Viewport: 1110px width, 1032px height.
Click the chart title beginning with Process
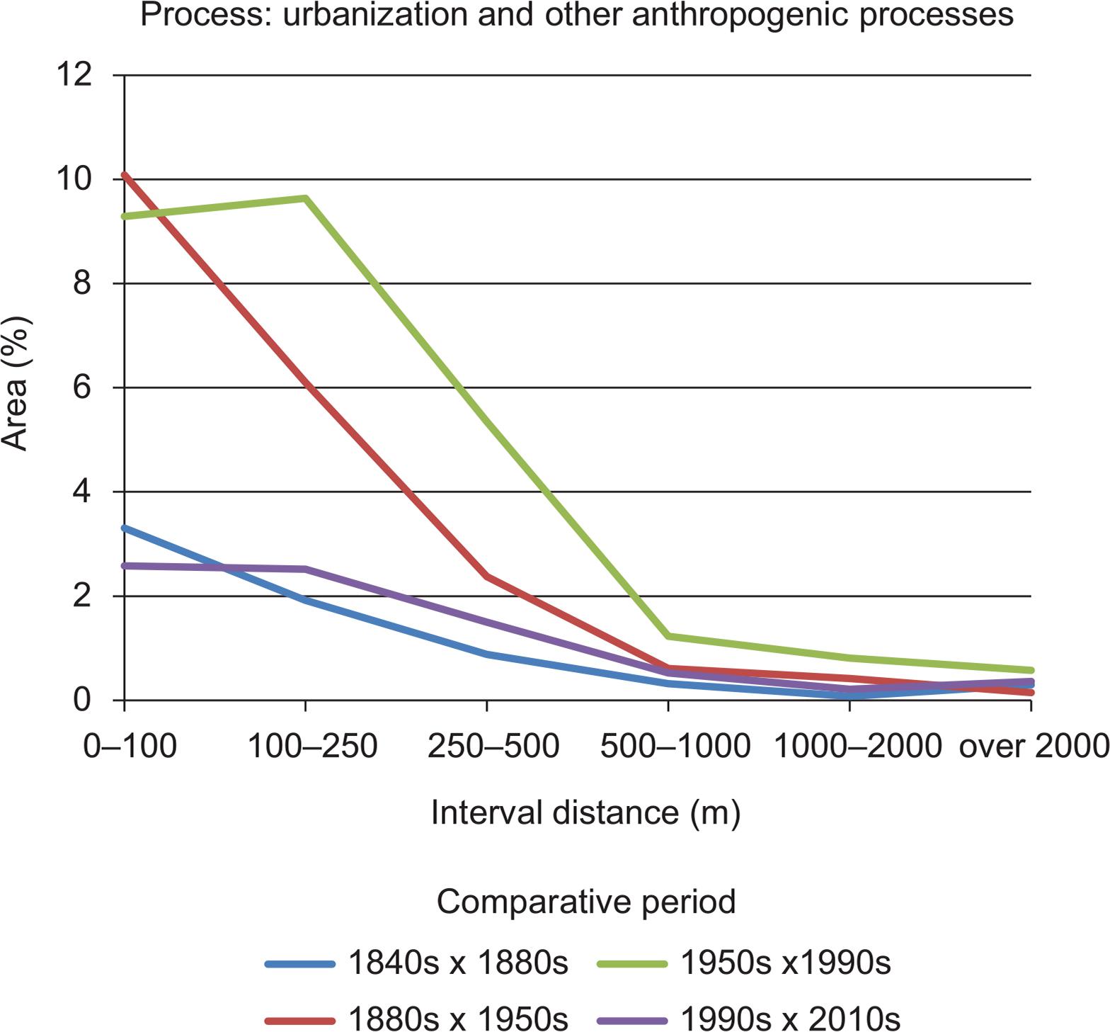click(576, 15)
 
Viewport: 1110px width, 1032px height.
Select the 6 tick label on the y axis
click(83, 387)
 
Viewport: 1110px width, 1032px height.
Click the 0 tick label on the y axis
click(83, 700)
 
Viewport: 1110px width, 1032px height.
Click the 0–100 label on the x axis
click(130, 746)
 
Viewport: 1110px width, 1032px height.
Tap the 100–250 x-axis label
click(312, 746)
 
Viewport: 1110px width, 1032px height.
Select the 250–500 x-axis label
click(493, 746)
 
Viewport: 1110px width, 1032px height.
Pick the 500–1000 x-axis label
click(675, 746)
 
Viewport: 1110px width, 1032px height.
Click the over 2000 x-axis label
click(1033, 746)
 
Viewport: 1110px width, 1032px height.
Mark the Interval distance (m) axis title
click(585, 812)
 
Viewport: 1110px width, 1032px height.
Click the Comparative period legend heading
click(586, 902)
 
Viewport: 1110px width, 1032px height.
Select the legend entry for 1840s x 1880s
click(418, 963)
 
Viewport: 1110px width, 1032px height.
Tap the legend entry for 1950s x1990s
click(743, 963)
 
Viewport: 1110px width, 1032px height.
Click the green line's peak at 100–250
click(305, 198)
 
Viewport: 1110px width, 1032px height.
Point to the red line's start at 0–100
click(125, 174)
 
